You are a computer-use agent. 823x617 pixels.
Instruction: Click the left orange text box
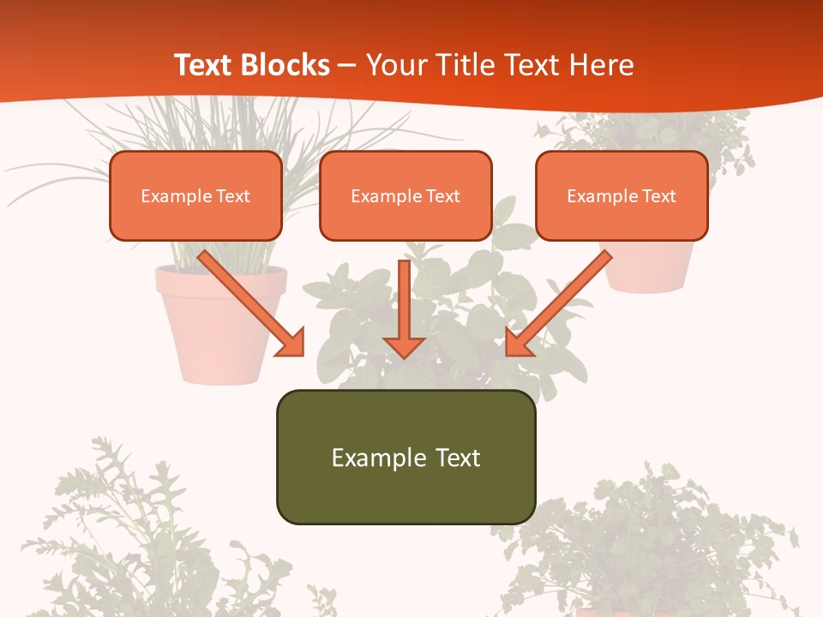click(195, 196)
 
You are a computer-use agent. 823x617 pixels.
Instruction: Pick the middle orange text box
click(405, 196)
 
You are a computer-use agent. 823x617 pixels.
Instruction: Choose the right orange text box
click(622, 196)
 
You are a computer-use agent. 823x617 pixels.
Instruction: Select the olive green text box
click(405, 457)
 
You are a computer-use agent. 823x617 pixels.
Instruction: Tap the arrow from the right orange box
click(562, 300)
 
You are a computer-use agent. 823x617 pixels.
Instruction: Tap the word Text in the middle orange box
click(442, 196)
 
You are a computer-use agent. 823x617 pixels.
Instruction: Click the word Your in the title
click(398, 65)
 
